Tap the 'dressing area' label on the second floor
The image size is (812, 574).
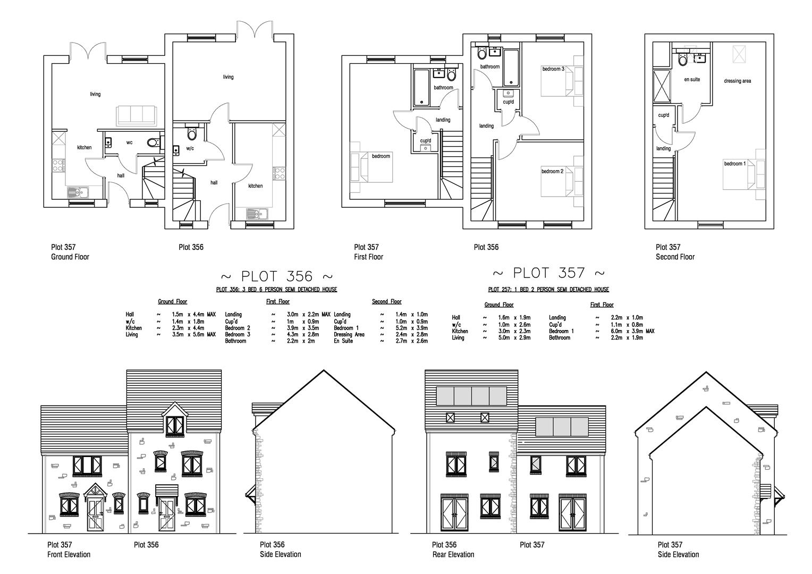click(x=737, y=81)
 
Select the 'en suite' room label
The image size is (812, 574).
click(x=691, y=80)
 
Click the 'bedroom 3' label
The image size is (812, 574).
click(x=553, y=69)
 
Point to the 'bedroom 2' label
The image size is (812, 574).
click(x=552, y=171)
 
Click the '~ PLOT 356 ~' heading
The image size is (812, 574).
click(x=276, y=276)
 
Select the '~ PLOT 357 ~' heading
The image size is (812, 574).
click(x=548, y=273)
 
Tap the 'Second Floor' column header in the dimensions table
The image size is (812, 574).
click(x=386, y=302)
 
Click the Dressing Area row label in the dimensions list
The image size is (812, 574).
click(x=349, y=335)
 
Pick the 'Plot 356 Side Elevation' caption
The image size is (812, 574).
click(x=280, y=550)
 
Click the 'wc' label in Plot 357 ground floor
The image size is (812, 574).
click(x=129, y=142)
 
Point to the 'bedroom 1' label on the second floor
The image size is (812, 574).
click(x=734, y=164)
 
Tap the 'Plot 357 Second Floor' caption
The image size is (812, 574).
click(x=675, y=252)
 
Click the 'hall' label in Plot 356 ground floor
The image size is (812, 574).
click(x=214, y=183)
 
